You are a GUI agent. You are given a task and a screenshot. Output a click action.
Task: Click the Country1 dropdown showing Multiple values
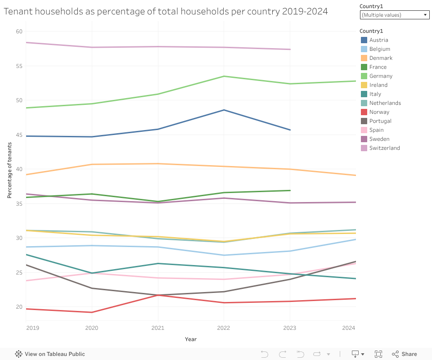[395, 15]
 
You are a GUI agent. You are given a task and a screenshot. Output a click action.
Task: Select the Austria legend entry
[378, 40]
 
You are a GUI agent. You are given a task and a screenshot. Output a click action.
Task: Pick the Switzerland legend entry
[384, 148]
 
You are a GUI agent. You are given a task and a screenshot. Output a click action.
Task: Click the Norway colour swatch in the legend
[364, 112]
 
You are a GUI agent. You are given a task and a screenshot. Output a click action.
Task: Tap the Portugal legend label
[380, 121]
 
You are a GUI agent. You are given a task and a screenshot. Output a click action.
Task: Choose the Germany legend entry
[381, 76]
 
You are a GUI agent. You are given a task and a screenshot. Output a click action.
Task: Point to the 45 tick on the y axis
[19, 135]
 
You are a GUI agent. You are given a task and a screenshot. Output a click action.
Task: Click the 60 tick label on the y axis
[19, 31]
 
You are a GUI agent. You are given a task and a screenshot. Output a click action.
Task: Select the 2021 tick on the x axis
[158, 328]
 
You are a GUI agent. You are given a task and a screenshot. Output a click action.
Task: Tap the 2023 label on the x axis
[290, 328]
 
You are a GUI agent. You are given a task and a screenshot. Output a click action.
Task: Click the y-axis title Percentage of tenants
[9, 170]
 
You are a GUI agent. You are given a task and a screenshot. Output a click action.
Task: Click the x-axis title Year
[190, 339]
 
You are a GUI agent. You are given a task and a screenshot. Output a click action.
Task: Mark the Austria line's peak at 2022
[224, 110]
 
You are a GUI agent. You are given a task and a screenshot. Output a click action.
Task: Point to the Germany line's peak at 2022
[224, 76]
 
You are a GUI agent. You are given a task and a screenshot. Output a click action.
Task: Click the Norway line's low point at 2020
[92, 312]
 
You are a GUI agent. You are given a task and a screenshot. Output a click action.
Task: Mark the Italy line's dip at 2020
[92, 273]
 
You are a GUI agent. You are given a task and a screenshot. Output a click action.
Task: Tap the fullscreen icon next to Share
[378, 354]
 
